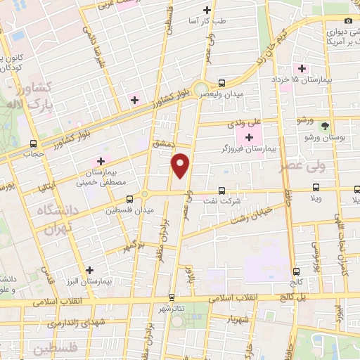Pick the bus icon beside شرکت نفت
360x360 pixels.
click(x=222, y=190)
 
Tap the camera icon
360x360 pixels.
click(x=349, y=20)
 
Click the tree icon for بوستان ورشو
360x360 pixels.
click(x=324, y=127)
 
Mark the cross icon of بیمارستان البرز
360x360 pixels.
click(x=89, y=269)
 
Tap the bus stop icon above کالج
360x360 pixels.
click(x=296, y=270)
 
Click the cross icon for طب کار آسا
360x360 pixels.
click(x=207, y=10)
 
